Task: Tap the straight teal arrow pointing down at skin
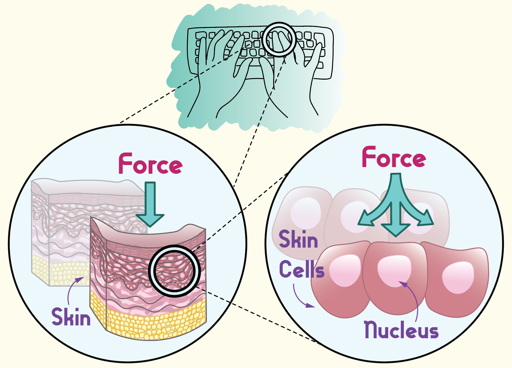click(x=150, y=203)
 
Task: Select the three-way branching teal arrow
click(x=396, y=207)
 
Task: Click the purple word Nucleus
click(x=401, y=330)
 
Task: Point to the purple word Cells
click(x=302, y=269)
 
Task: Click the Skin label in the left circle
click(x=71, y=317)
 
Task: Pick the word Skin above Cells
click(x=298, y=239)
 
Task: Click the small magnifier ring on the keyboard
click(x=279, y=39)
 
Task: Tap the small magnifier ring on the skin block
click(x=174, y=271)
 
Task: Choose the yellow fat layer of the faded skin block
click(x=60, y=270)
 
